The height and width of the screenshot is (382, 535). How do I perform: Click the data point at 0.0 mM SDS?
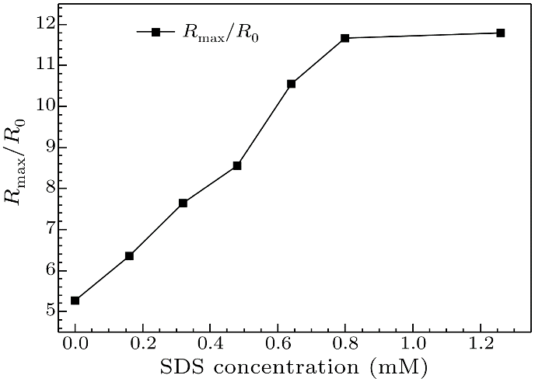click(x=75, y=300)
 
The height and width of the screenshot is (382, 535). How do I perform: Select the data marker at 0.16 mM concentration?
click(x=129, y=255)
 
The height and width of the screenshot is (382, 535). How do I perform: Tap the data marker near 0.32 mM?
click(x=183, y=203)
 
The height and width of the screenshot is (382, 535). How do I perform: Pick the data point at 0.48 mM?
click(x=237, y=165)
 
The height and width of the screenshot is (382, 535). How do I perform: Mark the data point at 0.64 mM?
click(x=291, y=83)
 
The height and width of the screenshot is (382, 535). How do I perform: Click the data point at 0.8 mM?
click(x=345, y=38)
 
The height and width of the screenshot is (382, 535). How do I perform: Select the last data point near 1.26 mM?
click(x=500, y=33)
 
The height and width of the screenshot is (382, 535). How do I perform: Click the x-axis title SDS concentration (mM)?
click(x=296, y=366)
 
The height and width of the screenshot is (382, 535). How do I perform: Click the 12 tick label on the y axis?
click(x=44, y=24)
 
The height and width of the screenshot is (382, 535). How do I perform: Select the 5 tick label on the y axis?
click(x=48, y=311)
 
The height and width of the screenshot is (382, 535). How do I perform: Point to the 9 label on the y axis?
click(x=48, y=148)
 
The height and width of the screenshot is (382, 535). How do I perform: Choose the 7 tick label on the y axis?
click(x=48, y=230)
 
